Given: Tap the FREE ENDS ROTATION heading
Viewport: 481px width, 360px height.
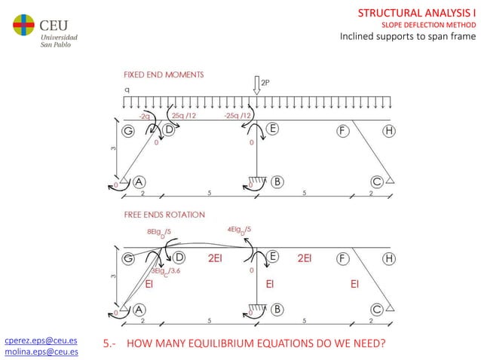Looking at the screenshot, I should click(164, 215).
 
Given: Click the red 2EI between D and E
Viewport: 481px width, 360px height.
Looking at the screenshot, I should click(216, 258).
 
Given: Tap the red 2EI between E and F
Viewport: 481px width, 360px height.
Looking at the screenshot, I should click(305, 258).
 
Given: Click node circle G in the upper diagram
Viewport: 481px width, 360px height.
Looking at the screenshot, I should click(128, 130).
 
